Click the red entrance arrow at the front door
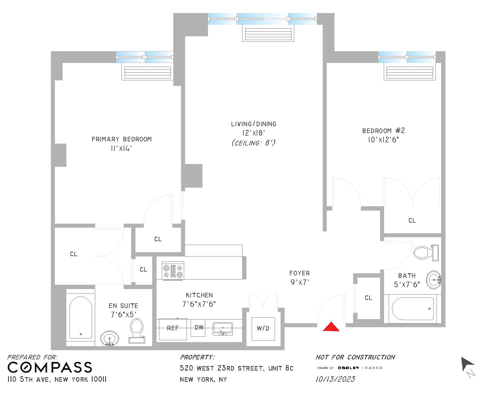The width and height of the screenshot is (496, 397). pos(331,327)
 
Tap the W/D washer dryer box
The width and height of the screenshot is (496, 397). pos(263,328)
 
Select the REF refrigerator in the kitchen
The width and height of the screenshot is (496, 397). pos(173,328)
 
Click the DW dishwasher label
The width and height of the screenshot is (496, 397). pos(199,328)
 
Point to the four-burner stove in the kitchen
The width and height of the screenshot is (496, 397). pos(173,271)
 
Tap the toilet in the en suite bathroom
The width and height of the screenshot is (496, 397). pos(137,331)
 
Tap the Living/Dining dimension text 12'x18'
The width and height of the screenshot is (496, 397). pos(253,133)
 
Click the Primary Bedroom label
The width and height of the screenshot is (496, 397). pos(122,139)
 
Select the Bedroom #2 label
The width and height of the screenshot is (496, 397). pos(383,131)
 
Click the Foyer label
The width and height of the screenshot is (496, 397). pos(299,273)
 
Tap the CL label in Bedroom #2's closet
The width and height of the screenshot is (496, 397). pos(412,221)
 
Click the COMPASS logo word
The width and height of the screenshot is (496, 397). pos(50,368)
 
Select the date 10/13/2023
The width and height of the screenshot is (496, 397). pos(335,379)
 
